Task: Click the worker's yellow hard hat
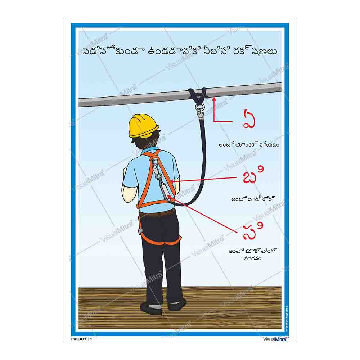click(x=144, y=125)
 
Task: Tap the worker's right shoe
click(x=177, y=304)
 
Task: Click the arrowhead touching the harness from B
click(x=174, y=181)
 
